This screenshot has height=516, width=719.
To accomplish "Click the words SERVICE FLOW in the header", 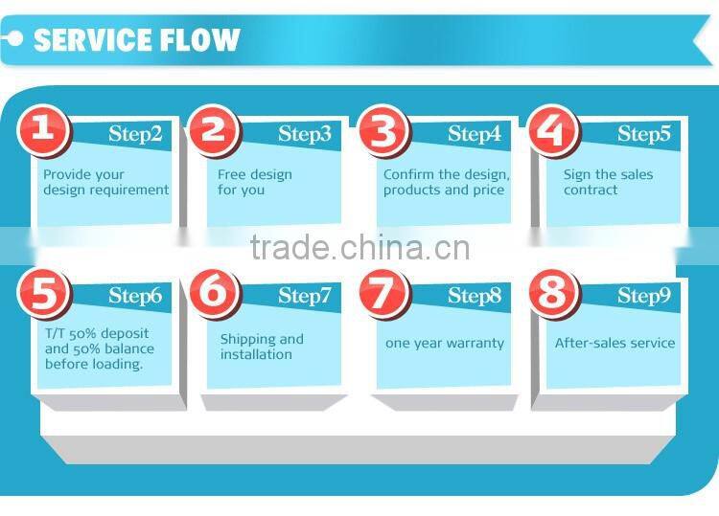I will point(136,39).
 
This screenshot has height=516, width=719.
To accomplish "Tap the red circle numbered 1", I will point(42,129).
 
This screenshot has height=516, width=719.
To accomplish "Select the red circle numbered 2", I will point(213,129).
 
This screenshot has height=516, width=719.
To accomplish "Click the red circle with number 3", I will point(383,129).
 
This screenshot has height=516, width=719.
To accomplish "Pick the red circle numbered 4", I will point(552,129).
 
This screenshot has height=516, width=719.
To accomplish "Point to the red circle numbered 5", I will point(42,291).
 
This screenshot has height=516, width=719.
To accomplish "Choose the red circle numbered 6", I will point(213,291).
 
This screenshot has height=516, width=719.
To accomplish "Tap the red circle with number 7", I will point(383,291).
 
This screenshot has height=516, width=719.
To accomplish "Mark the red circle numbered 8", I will point(552,291).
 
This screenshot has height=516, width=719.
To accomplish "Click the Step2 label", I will point(135,134).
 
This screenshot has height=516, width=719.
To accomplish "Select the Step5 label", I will point(643,134).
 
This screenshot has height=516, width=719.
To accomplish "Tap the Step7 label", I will point(305,296).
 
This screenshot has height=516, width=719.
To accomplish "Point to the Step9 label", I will point(643,296).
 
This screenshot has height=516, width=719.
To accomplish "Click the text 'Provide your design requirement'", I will point(105,182).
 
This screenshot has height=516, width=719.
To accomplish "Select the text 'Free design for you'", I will point(254,182).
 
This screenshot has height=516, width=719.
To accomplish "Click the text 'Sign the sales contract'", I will point(608,182).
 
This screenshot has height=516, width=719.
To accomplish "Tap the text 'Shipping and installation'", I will point(262,347).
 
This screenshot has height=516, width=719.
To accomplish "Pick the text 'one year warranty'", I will point(444,343).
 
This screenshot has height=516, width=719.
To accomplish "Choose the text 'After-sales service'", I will point(615,343).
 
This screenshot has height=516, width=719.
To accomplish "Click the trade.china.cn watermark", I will point(359,248).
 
